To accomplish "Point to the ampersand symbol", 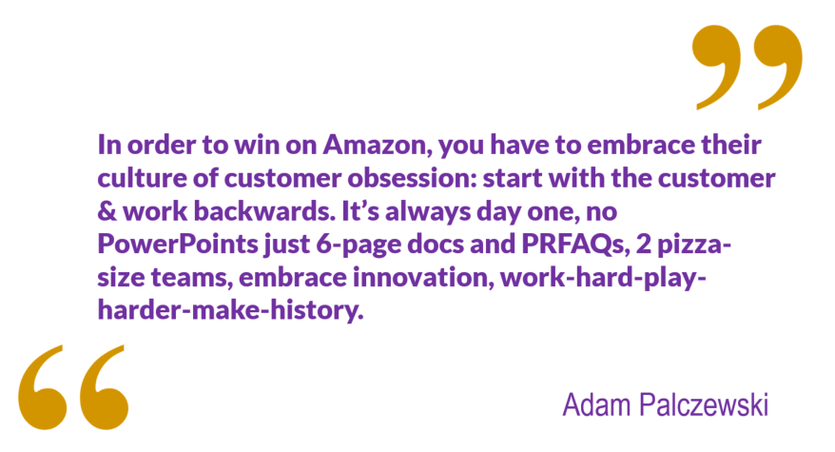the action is [107, 211].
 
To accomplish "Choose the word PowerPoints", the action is [177, 245].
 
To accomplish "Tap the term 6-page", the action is [359, 246].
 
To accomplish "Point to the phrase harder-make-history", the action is [230, 311].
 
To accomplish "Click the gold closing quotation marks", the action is [748, 67].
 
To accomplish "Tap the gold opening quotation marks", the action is [73, 387].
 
